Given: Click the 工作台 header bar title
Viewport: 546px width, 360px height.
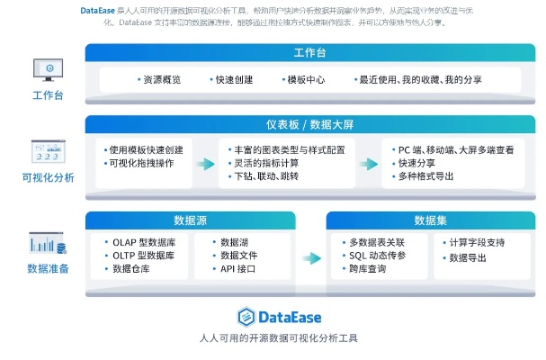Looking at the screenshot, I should [x=309, y=53].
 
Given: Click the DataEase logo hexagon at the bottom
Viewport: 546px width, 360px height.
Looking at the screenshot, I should [x=246, y=317].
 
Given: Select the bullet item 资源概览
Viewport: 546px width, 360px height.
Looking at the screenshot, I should [x=160, y=79].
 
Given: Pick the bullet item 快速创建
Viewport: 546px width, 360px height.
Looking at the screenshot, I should [x=236, y=79].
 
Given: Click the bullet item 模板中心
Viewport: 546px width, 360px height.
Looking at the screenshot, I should [x=306, y=79].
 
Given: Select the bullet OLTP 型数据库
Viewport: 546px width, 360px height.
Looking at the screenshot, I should [x=149, y=256].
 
